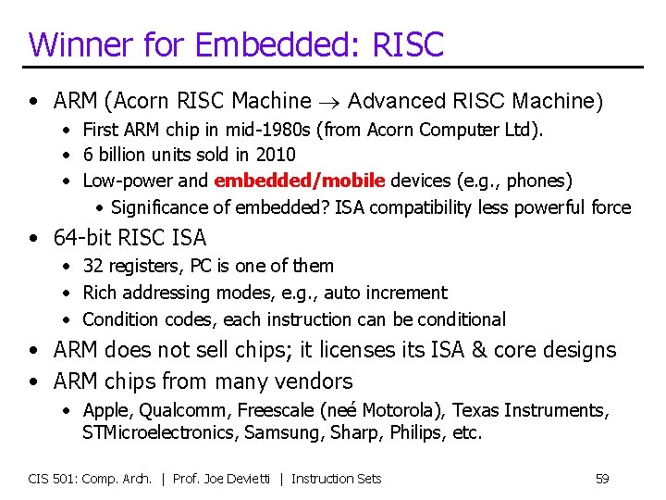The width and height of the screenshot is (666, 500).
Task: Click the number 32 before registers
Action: coord(92,266)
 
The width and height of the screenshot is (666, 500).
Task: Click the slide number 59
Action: coord(601,479)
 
